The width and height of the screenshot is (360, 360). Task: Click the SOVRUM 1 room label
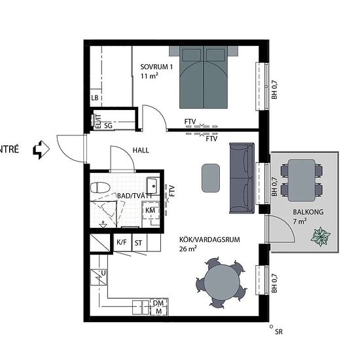tap(156, 67)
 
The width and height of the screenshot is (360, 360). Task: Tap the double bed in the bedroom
tap(204, 77)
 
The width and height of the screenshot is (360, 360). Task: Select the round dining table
tap(222, 282)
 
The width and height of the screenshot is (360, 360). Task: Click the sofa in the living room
tap(242, 178)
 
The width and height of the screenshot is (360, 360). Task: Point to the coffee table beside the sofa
tap(211, 178)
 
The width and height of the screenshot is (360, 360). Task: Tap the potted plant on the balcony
tap(320, 236)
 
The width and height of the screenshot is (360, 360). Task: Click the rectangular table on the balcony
tap(302, 180)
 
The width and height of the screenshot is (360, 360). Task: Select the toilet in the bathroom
tap(100, 188)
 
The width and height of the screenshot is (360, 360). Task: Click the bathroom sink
tap(153, 185)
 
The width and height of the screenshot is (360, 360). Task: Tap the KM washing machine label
tap(150, 210)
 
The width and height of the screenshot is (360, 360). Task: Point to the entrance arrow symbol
tap(41, 150)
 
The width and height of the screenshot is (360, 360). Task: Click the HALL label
tap(141, 151)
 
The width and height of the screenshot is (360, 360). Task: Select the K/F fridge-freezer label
tap(122, 242)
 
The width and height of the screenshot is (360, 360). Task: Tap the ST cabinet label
tap(138, 243)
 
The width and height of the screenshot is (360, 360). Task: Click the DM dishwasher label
tap(158, 303)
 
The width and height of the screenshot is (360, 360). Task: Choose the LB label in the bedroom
tap(95, 98)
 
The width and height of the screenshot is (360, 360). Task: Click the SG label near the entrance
tap(108, 126)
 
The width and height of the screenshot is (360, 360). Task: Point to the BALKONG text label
tap(308, 212)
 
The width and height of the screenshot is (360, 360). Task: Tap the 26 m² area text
tap(188, 249)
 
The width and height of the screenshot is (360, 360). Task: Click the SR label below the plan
tap(279, 332)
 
